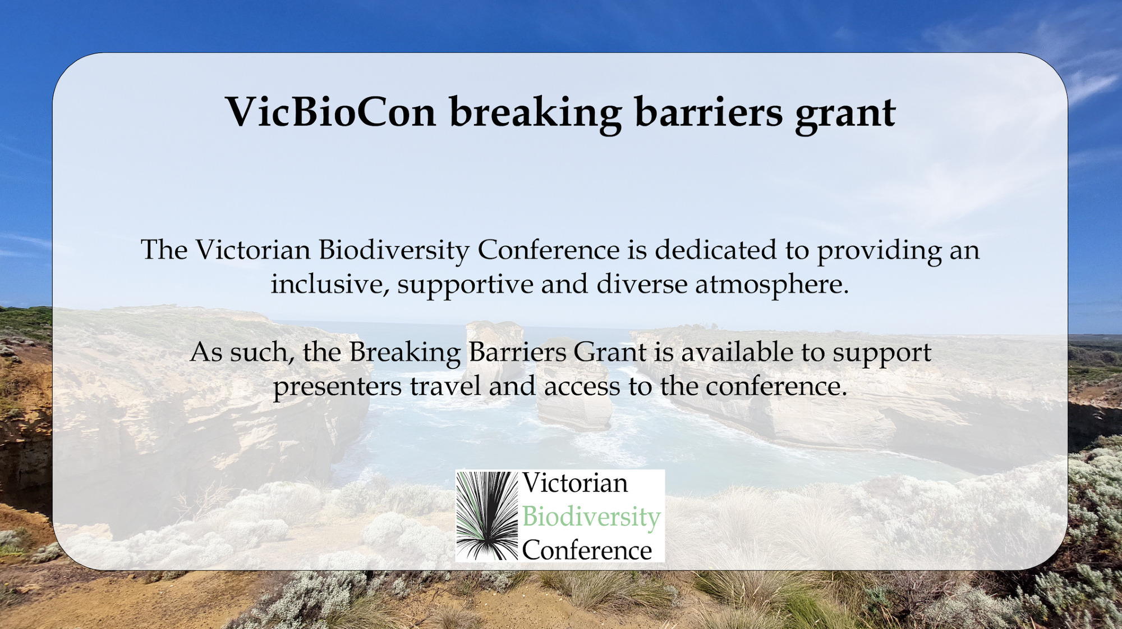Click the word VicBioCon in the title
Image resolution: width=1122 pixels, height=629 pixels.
[331, 112]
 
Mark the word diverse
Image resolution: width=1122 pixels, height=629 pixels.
[642, 284]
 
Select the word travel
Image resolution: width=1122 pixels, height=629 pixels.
[445, 386]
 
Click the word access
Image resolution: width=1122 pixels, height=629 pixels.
[582, 387]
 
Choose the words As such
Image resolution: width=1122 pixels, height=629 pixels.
[242, 353]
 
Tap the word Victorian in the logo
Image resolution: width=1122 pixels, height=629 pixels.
[575, 483]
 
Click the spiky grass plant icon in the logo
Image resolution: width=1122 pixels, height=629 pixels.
[487, 516]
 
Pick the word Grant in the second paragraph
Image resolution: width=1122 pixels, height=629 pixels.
[610, 352]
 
